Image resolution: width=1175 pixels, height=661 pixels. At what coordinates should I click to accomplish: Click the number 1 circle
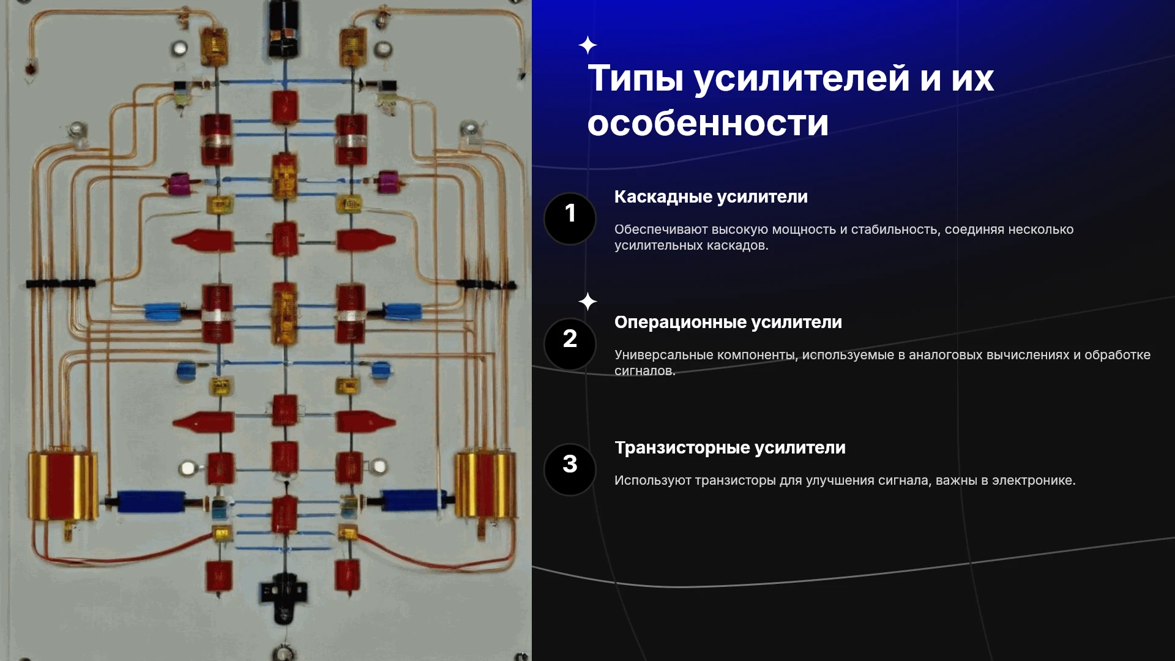coord(570,218)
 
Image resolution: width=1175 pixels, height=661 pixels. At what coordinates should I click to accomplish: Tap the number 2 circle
coord(570,344)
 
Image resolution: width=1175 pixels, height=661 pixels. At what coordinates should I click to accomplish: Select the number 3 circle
coord(570,469)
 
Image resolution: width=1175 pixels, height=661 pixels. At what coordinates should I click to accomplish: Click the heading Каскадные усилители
coord(711,197)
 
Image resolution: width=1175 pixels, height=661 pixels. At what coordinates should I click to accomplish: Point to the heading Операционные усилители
coord(728,323)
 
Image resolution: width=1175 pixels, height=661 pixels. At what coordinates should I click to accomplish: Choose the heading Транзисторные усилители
coord(729,448)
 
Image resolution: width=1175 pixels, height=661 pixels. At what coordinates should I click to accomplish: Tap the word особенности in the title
coord(708,123)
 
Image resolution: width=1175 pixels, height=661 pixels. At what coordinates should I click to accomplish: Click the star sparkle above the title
coord(587,45)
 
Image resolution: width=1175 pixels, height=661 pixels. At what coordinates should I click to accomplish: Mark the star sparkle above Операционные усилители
coord(587,301)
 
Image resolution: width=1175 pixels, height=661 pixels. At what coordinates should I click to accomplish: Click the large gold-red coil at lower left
coord(62,487)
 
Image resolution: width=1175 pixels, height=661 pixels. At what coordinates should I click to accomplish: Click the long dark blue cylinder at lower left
coord(151,501)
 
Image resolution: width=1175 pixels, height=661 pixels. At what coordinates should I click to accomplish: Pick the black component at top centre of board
coord(283,28)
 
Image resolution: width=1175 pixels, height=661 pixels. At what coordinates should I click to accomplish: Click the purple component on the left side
coord(179,183)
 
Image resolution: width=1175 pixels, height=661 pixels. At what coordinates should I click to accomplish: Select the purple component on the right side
coord(388,181)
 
